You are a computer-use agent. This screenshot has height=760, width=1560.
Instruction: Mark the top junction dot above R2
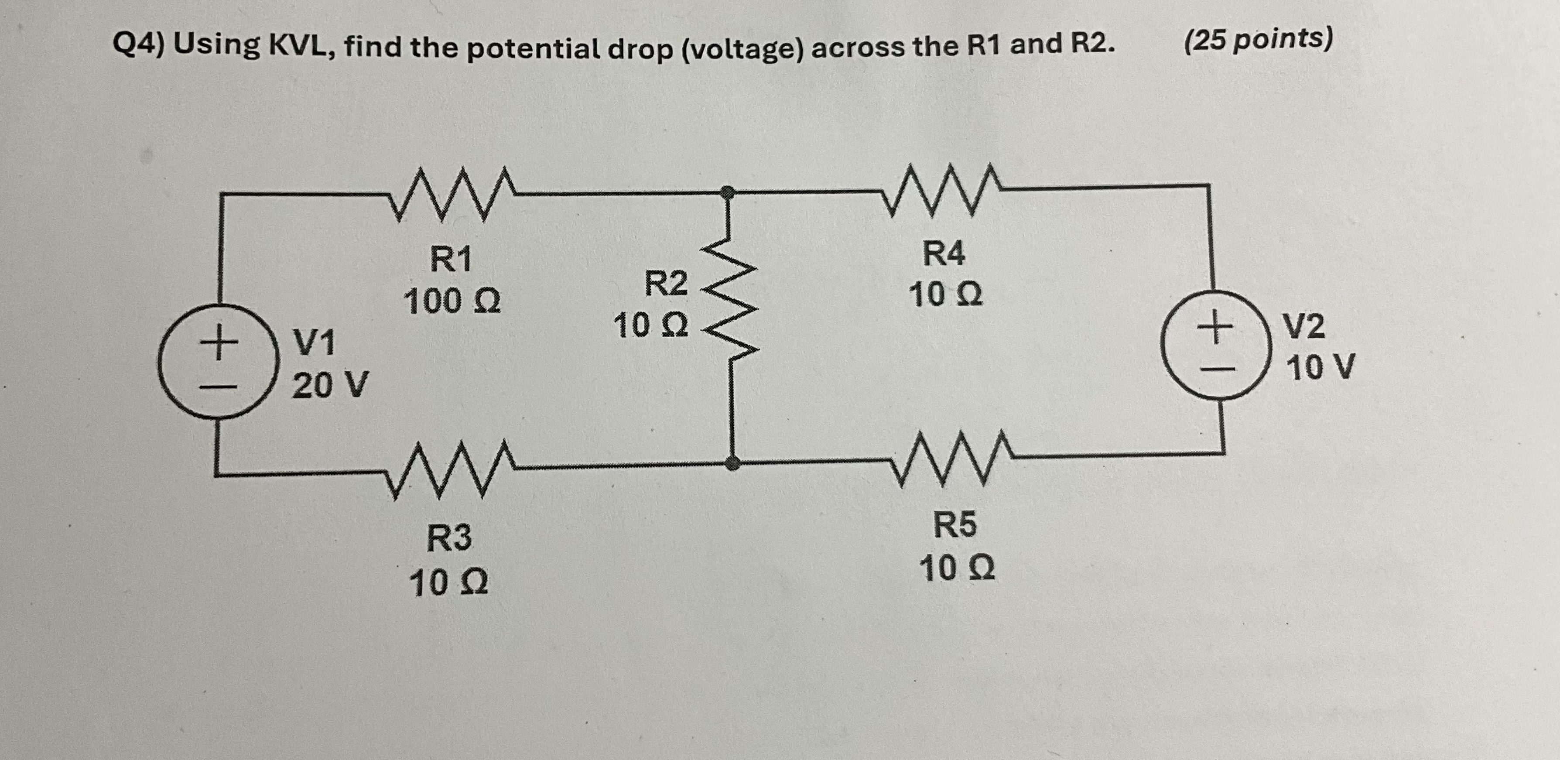point(729,192)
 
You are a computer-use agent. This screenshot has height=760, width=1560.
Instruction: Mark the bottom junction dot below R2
point(733,464)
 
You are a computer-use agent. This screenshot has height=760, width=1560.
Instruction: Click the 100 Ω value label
point(452,301)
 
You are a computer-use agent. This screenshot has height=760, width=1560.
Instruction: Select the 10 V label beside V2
point(1320,367)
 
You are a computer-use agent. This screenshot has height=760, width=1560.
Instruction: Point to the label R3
point(449,538)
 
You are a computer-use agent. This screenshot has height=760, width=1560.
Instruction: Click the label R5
point(954,524)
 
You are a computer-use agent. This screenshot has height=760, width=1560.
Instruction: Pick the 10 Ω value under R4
point(945,295)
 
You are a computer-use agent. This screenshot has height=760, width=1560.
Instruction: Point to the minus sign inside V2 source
point(1215,368)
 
